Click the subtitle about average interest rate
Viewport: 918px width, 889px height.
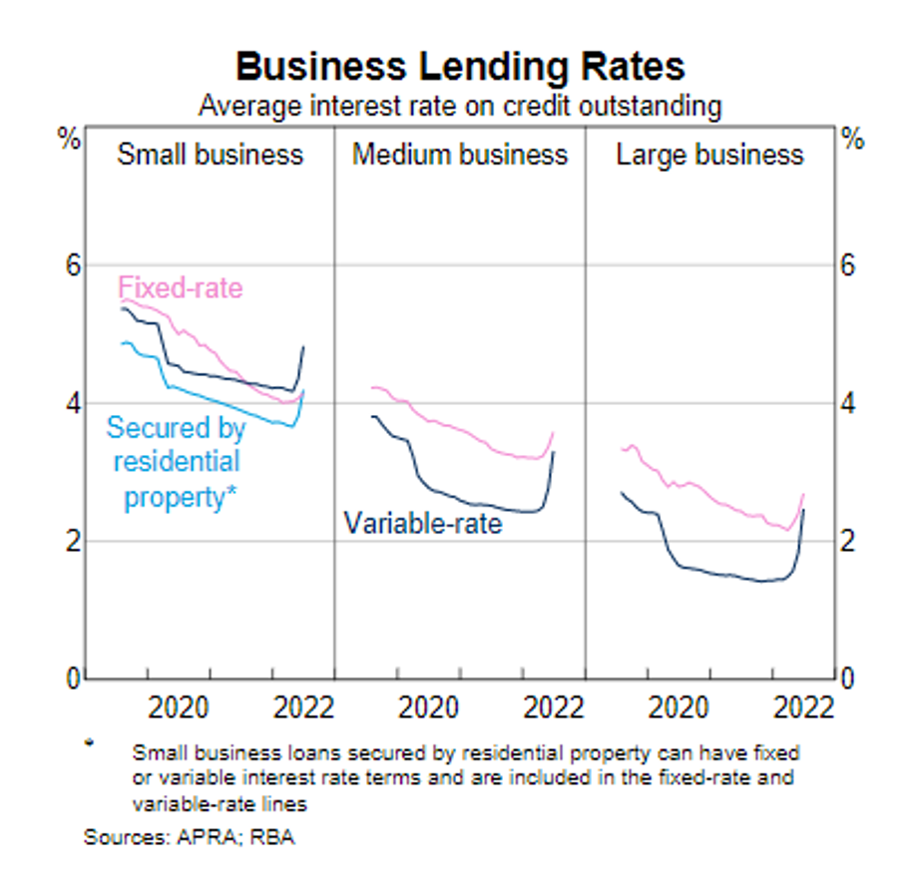pos(459,105)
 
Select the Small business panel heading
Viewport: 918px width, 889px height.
pos(210,155)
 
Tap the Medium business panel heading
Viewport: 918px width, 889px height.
pos(460,155)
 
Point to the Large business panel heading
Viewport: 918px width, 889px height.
pos(709,155)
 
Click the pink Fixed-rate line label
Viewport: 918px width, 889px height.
pos(181,288)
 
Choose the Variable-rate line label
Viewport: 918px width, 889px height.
pos(423,522)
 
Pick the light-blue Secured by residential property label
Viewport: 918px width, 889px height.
pos(177,462)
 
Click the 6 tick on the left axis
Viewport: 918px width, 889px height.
pos(71,266)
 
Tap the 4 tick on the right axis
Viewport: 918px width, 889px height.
pos(848,404)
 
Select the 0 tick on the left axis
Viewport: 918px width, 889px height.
pos(71,678)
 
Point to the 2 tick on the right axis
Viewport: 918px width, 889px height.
pos(848,541)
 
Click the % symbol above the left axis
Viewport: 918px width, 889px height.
pos(68,140)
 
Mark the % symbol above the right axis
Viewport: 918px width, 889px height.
pos(852,140)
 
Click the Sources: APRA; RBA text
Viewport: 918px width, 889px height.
pos(190,836)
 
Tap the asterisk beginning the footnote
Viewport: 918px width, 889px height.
pos(89,743)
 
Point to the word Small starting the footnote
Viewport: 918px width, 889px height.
pos(154,751)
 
